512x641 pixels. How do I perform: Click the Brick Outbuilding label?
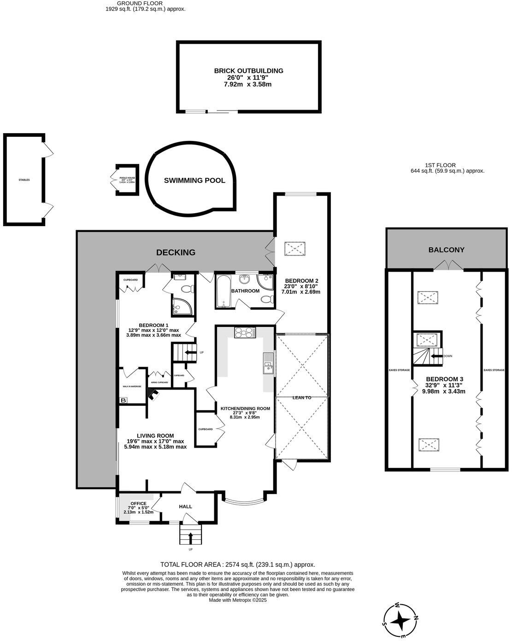pyautogui.click(x=248, y=70)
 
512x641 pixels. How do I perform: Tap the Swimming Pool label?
pyautogui.click(x=194, y=181)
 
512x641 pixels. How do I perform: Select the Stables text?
pyautogui.click(x=24, y=180)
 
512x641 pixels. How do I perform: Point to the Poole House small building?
pyautogui.click(x=127, y=179)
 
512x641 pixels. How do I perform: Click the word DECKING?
pyautogui.click(x=176, y=252)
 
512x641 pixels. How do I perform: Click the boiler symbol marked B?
pyautogui.click(x=123, y=401)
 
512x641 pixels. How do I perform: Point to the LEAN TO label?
pyautogui.click(x=301, y=397)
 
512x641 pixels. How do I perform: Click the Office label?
pyautogui.click(x=138, y=503)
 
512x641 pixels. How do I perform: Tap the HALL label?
pyautogui.click(x=185, y=507)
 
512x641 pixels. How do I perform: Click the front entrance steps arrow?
pyautogui.click(x=190, y=536)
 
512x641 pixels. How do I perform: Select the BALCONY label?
pyautogui.click(x=446, y=250)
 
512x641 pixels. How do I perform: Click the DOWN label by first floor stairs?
pyautogui.click(x=447, y=356)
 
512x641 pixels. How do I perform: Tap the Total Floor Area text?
pyautogui.click(x=237, y=564)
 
